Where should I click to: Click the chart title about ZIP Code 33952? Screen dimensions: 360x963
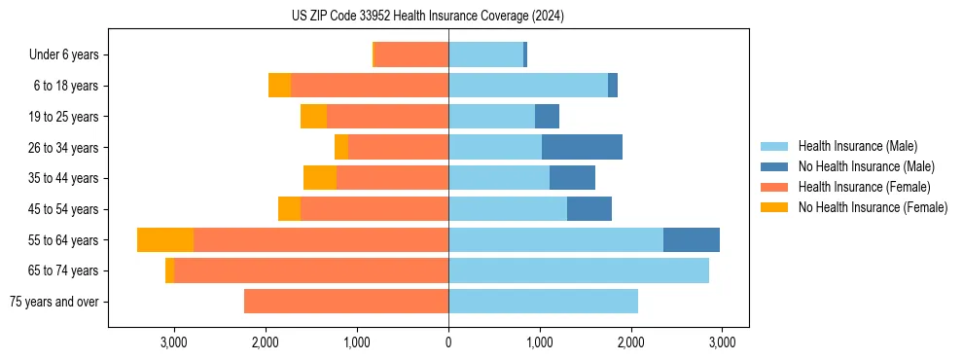point(428,17)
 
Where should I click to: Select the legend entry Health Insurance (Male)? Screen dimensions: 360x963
point(856,146)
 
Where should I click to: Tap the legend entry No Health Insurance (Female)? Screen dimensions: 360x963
point(873,207)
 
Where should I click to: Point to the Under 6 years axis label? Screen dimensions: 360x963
point(64,54)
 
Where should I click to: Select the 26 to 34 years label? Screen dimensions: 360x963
point(66,147)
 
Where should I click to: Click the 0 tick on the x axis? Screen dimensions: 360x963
point(448,342)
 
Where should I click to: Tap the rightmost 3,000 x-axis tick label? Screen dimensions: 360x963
point(722,342)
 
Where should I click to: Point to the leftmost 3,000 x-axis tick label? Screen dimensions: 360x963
point(174,342)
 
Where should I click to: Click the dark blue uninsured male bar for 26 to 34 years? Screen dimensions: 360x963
point(582,147)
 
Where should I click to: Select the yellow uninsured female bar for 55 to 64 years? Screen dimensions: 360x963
point(165,239)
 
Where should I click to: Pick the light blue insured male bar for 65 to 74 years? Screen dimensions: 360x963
point(579,270)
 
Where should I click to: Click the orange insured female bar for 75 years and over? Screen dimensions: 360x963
point(346,302)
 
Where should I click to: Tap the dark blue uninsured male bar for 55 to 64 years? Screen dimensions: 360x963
point(692,239)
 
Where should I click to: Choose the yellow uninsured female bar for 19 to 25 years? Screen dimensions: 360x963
point(313,116)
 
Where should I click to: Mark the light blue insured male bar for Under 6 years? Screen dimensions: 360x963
point(485,54)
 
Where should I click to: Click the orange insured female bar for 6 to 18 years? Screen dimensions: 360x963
point(370,86)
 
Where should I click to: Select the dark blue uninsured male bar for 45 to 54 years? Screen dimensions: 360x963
point(589,209)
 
